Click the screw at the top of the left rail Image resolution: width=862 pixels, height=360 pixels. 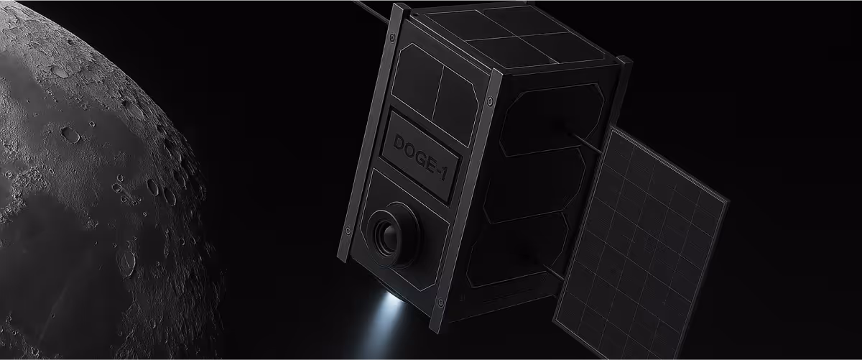pos(391,38)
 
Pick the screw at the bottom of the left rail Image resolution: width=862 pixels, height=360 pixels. pos(348,231)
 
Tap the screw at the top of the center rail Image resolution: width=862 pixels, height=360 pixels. pos(490,101)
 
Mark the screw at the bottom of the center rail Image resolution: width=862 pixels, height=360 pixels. pos(441,303)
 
